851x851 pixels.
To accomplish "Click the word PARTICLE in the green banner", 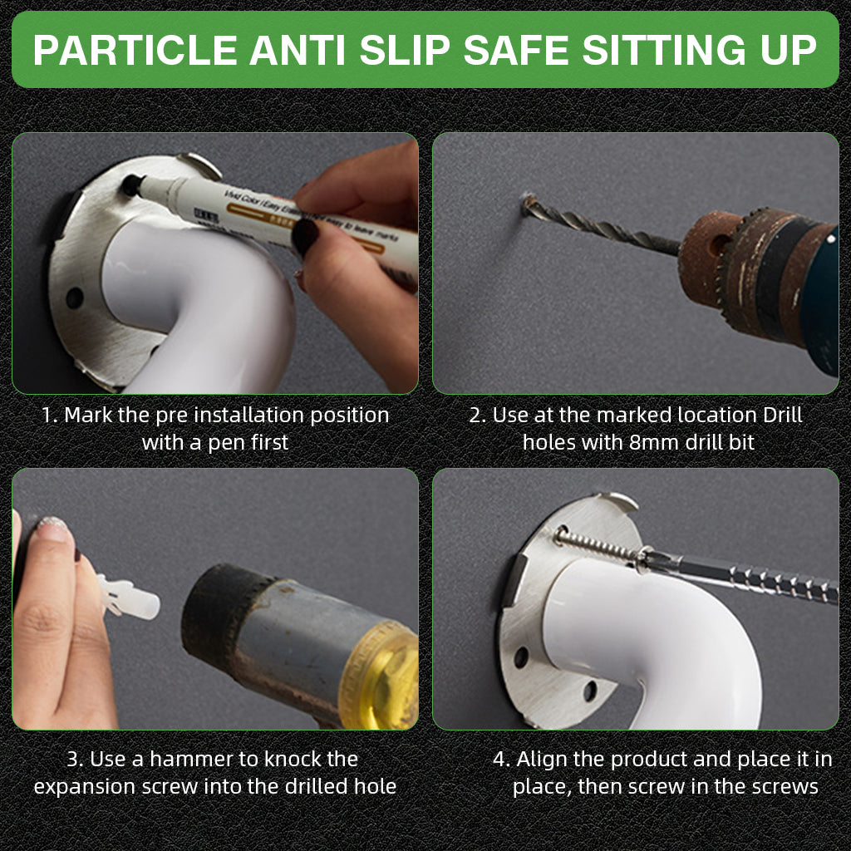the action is tap(135, 50).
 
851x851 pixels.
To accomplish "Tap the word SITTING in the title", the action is tap(666, 50).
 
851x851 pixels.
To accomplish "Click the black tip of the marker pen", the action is tap(130, 184).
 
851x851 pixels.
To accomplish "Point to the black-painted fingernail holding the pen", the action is tap(304, 236).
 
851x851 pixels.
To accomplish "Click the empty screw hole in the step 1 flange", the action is tap(74, 298).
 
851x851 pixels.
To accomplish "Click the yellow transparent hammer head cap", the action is tap(380, 676).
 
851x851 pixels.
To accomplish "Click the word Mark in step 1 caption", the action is tap(88, 416).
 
